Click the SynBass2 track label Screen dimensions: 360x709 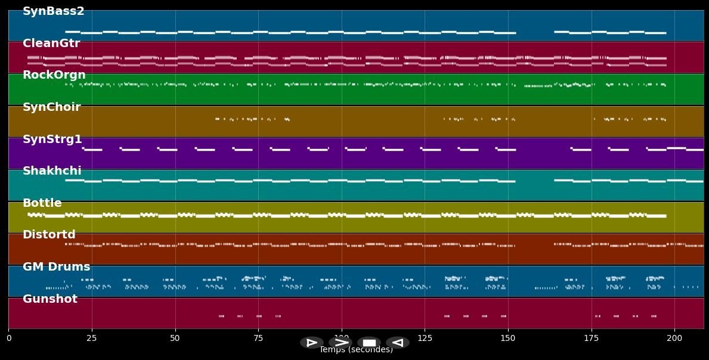[x=54, y=11]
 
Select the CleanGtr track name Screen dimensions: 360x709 [x=51, y=44]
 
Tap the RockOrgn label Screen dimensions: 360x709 [x=54, y=75]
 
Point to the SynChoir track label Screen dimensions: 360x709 [x=52, y=107]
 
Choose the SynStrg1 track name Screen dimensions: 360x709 [x=52, y=139]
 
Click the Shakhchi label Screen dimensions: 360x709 [x=52, y=171]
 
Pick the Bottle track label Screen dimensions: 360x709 [x=42, y=203]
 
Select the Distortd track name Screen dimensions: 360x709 [x=49, y=235]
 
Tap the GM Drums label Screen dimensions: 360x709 [x=57, y=267]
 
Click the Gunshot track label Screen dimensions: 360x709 [x=50, y=299]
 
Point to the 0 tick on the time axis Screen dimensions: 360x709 [x=8, y=338]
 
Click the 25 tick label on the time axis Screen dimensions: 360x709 [x=92, y=338]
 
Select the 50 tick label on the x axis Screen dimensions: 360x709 [x=175, y=338]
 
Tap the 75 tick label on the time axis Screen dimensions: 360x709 [x=258, y=338]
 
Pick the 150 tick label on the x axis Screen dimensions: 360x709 [x=508, y=338]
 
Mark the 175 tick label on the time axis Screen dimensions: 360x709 [x=591, y=338]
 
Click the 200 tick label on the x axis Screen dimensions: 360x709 [x=674, y=338]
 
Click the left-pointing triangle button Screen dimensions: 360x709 [x=397, y=343]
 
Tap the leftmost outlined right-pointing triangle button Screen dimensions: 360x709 [x=311, y=343]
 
